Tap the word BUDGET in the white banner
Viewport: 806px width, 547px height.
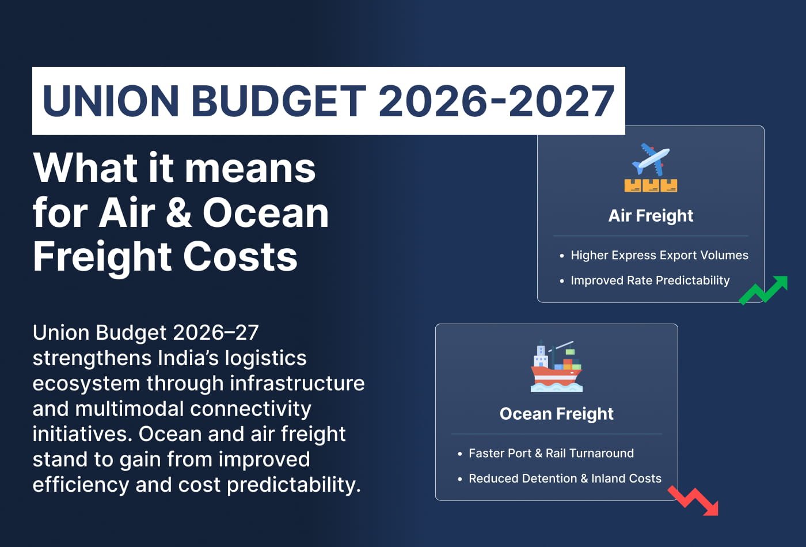(x=278, y=101)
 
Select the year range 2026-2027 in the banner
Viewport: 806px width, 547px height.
(x=496, y=101)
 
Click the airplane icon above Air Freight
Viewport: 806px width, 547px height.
(x=651, y=158)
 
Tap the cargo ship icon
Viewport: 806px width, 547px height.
(x=556, y=367)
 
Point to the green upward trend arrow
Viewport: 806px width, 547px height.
(x=763, y=290)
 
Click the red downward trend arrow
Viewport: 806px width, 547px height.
(x=694, y=501)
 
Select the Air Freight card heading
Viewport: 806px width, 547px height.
(x=651, y=215)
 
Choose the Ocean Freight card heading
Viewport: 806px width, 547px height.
(x=556, y=413)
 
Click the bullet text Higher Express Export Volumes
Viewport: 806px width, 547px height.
(x=659, y=255)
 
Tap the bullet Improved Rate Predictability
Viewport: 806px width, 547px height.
(x=650, y=280)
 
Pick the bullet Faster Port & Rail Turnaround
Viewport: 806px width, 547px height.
(x=551, y=453)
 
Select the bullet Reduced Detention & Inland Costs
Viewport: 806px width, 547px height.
(x=565, y=478)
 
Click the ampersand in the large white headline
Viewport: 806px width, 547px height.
(x=178, y=212)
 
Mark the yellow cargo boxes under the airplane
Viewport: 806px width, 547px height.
(x=651, y=185)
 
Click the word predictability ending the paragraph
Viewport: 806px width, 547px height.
(x=294, y=485)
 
